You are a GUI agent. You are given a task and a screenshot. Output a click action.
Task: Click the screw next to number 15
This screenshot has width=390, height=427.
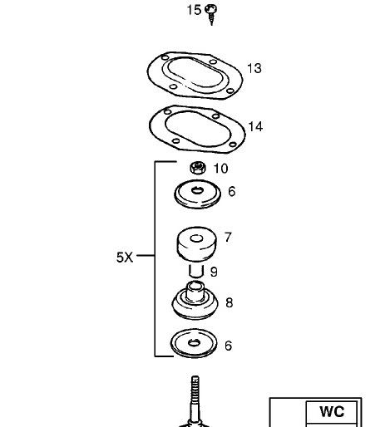[211, 14]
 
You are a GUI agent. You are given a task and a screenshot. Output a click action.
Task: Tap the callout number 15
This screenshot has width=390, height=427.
[194, 10]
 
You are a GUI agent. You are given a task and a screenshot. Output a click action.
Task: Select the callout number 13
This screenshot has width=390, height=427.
[254, 68]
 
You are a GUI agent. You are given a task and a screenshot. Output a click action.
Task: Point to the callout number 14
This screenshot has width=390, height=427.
[255, 126]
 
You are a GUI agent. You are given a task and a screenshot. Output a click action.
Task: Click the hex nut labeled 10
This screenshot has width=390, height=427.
[198, 168]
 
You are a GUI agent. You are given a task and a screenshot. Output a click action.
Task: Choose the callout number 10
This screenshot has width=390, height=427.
[220, 169]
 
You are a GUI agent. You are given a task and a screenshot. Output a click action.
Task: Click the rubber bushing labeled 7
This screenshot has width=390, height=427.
[196, 243]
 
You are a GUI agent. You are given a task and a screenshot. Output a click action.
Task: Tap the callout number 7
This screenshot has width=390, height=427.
[228, 238]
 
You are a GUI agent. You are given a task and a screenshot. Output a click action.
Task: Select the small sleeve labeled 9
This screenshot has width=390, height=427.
[196, 271]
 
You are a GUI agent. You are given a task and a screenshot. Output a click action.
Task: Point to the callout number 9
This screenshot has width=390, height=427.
[214, 272]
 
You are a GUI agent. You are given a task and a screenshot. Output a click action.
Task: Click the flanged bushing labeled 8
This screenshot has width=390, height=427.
[195, 301]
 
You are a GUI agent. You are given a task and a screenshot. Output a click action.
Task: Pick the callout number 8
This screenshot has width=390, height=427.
[230, 302]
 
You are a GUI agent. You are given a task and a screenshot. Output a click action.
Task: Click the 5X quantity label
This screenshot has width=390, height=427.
[125, 258]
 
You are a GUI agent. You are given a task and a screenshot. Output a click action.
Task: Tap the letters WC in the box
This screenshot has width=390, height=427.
[332, 411]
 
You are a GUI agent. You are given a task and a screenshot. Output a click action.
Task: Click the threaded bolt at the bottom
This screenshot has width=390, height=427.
[195, 401]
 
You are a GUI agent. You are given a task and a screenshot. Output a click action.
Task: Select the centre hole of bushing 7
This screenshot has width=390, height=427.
[196, 238]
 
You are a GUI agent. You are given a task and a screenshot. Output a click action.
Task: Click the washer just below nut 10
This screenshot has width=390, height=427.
[198, 194]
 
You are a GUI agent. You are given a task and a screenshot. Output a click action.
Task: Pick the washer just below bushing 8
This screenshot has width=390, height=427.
[194, 343]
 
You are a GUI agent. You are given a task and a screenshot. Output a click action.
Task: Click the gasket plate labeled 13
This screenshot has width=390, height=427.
[195, 76]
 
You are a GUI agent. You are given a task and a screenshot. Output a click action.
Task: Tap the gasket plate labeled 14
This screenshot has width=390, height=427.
[197, 129]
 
